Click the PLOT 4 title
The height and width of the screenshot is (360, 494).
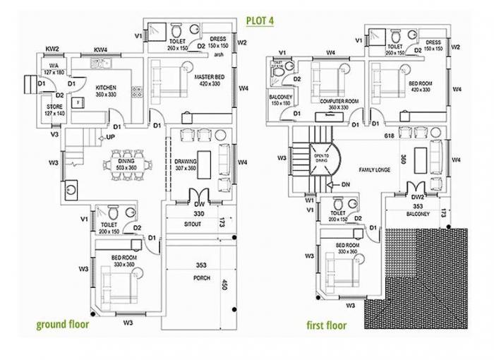coord(259,20)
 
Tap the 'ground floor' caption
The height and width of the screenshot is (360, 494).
coord(63,325)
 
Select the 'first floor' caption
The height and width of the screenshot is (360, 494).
coord(326,325)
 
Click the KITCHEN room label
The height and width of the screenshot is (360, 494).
coord(106,88)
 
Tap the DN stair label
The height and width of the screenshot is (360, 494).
coord(345,185)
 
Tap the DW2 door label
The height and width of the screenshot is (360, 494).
coord(418,197)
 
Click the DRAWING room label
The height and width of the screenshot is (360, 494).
coord(185,162)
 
